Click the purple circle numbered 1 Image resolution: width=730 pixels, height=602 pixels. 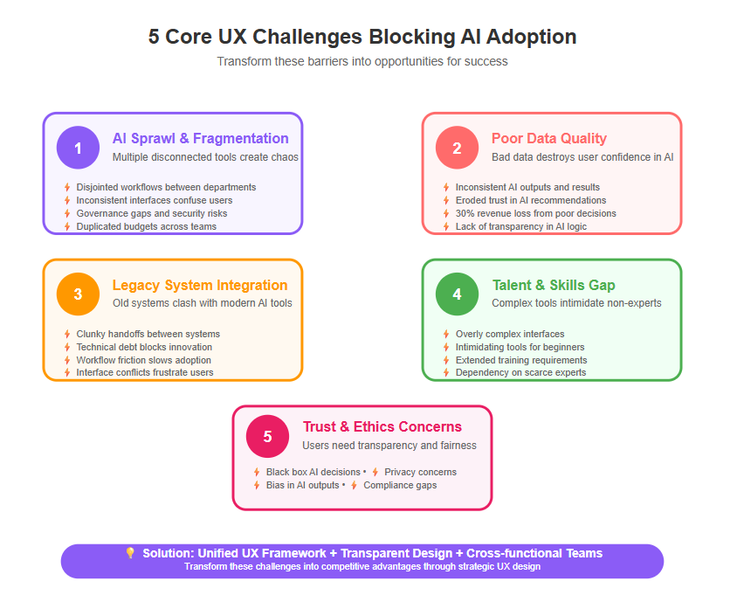78,148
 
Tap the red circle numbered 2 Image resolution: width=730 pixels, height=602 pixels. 457,148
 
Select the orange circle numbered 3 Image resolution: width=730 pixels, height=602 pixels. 78,294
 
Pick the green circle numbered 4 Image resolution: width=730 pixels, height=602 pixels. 457,294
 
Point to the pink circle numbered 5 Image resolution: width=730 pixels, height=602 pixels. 267,436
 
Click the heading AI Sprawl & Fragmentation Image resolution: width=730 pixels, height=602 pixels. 200,138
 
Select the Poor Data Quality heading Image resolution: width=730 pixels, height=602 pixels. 549,138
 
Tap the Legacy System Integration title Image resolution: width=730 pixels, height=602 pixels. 200,285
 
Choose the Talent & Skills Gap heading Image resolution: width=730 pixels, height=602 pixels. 554,285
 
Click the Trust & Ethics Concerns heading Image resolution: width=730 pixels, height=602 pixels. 382,426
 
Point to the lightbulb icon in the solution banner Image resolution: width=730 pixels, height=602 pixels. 130,552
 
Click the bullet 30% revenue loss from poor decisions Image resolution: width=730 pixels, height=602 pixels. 536,213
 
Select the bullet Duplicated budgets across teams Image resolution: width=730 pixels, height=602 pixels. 146,226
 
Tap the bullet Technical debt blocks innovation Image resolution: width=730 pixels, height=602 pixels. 144,347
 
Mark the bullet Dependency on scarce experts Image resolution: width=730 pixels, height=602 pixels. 520,372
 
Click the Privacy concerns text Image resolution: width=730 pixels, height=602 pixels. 420,472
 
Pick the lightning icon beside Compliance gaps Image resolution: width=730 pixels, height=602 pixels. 355,485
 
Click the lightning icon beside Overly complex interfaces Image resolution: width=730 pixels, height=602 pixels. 446,334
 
